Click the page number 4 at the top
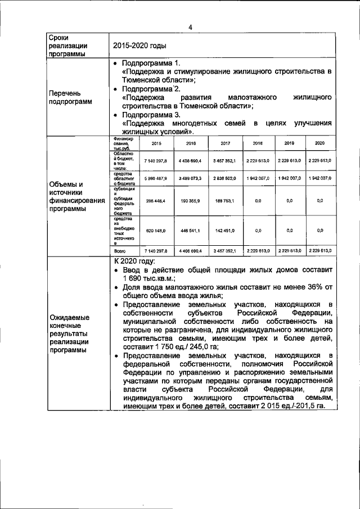[190, 27]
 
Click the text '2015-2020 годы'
[139, 46]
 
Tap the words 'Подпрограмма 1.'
[151, 63]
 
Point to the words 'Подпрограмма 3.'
[151, 114]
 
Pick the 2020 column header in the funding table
[319, 143]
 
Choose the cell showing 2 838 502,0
[225, 178]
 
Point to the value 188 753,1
[225, 200]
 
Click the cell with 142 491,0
[225, 230]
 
